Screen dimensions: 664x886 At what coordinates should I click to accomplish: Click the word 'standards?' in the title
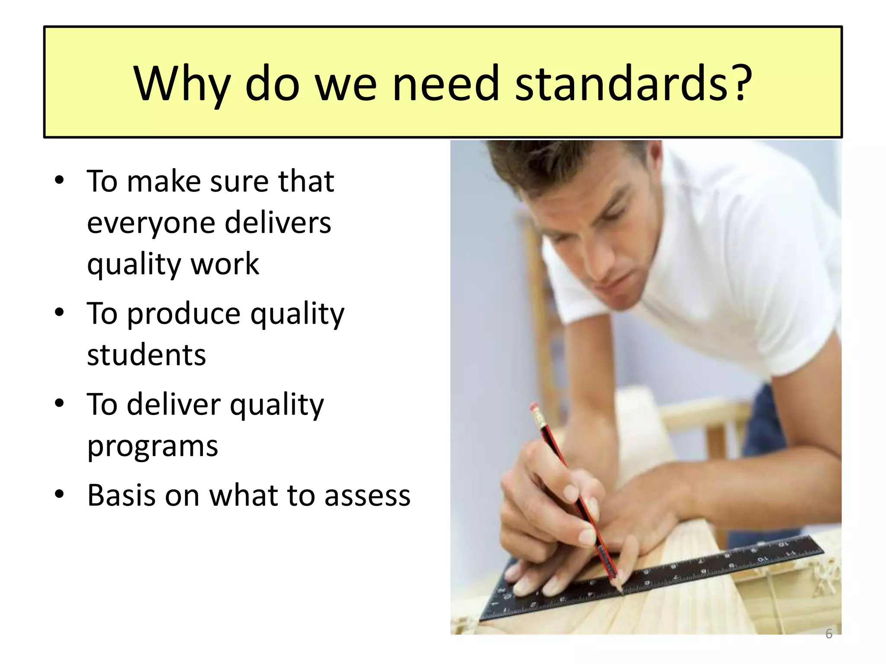(634, 83)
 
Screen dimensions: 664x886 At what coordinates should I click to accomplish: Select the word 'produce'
(183, 314)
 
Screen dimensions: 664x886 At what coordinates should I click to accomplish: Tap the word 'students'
(146, 355)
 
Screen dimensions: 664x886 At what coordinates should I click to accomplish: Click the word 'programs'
(152, 446)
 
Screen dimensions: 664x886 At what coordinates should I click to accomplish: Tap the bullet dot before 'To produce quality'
(59, 312)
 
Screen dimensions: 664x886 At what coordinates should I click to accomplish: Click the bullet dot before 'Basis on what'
(59, 494)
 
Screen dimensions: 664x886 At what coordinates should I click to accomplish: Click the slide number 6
(828, 634)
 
